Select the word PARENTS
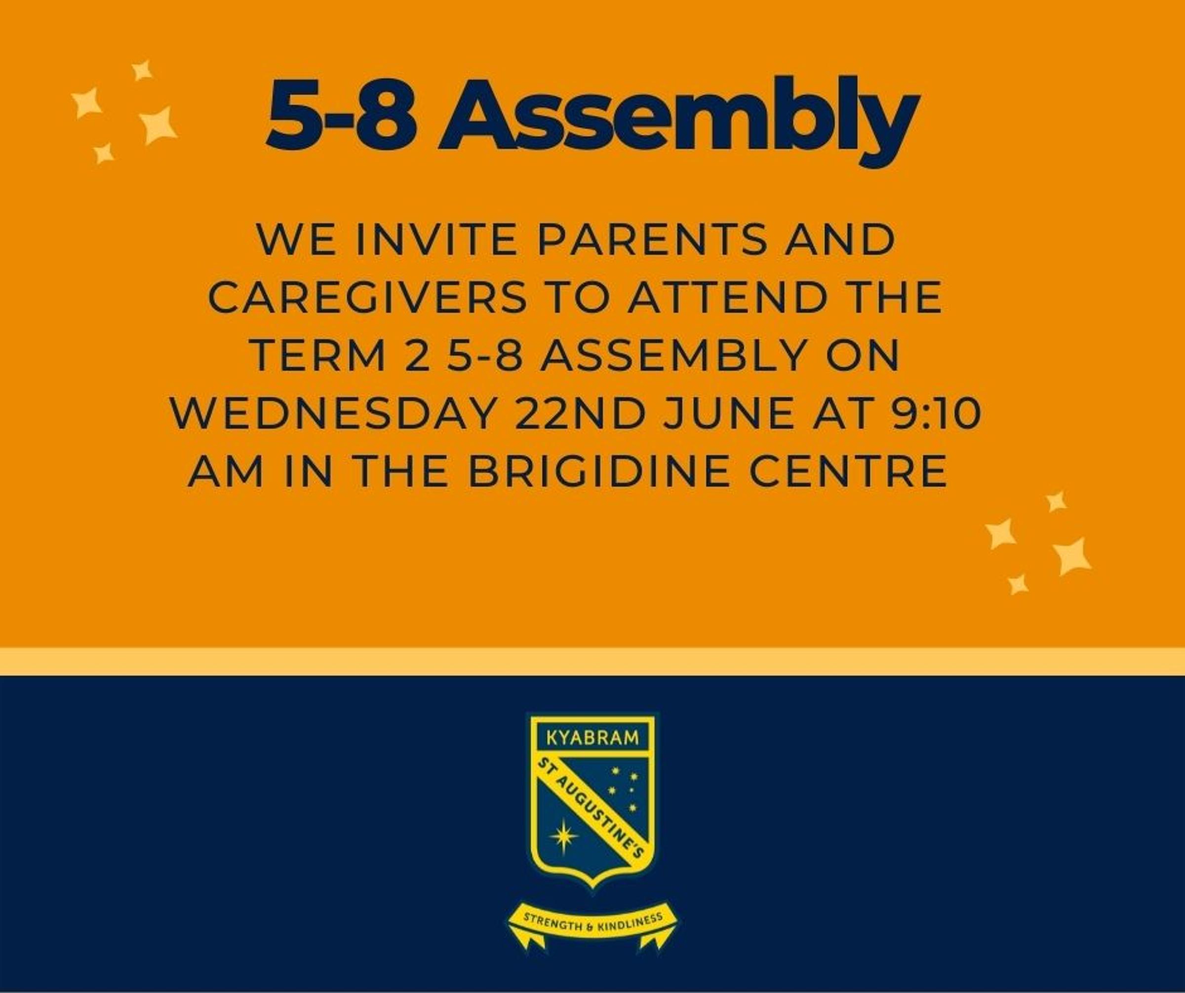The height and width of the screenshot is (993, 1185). (x=651, y=240)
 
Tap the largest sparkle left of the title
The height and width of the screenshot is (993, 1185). (x=158, y=124)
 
